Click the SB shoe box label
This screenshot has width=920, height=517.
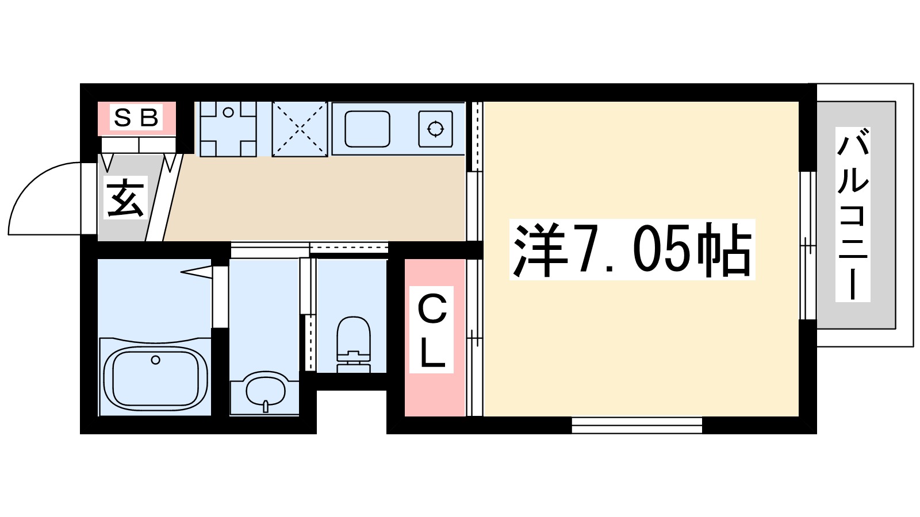(136, 118)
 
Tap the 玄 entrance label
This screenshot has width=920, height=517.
(125, 198)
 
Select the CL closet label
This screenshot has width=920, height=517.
(432, 330)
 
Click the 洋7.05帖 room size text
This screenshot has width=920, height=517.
(632, 250)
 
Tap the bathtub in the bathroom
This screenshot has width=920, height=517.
(155, 377)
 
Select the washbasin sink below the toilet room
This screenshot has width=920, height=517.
(265, 391)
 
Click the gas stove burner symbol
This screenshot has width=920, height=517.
(435, 129)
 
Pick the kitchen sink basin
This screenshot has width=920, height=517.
(367, 129)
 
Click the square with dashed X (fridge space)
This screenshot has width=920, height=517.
(300, 129)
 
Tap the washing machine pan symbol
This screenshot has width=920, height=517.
(228, 129)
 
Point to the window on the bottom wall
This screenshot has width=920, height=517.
(637, 425)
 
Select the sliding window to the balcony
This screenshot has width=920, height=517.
(808, 245)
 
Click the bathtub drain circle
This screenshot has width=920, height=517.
(155, 360)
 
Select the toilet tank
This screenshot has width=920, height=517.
(353, 361)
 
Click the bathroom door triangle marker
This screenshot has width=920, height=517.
(198, 271)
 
